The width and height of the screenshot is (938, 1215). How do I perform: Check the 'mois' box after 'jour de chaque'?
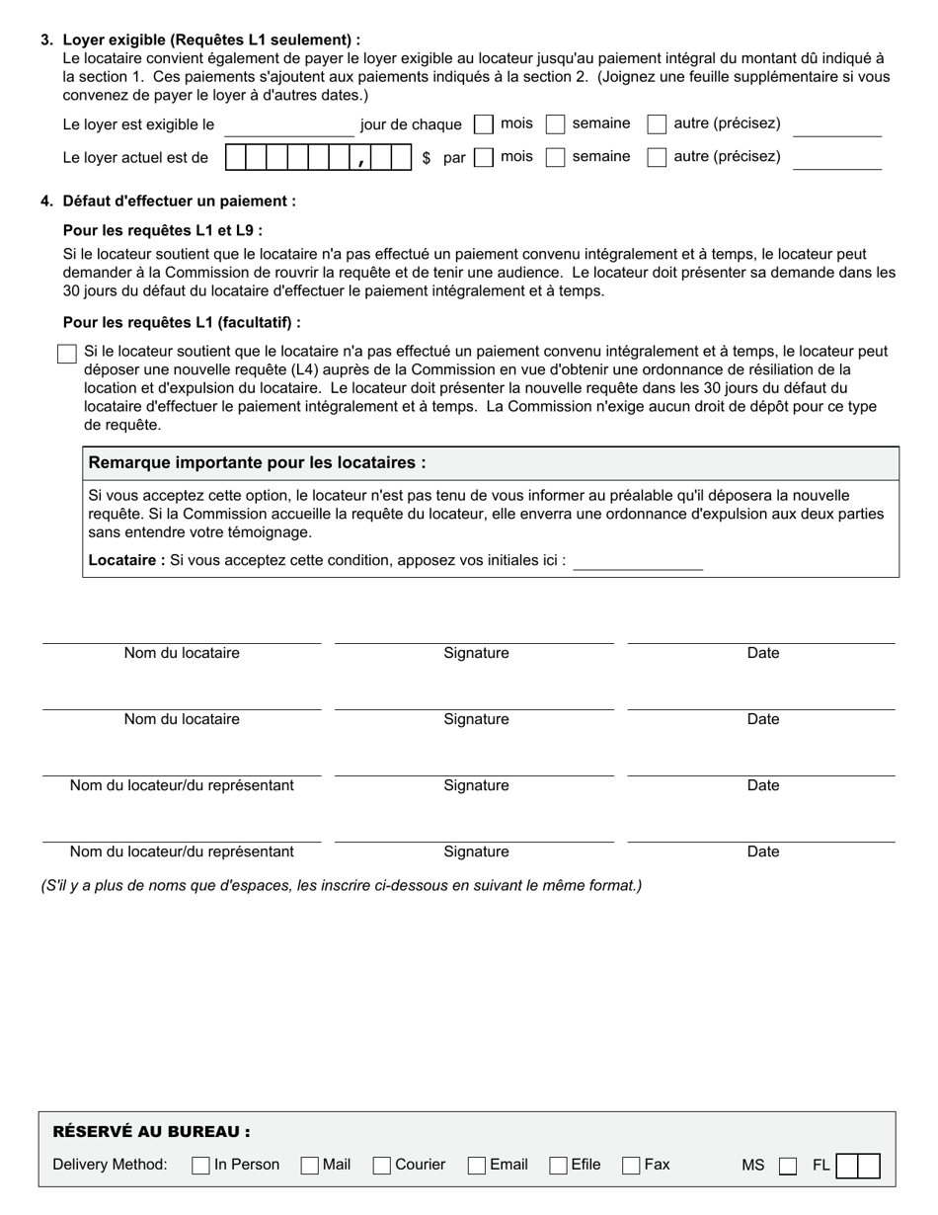coord(484,124)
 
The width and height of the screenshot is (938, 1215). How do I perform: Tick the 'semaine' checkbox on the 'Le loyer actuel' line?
coord(556,157)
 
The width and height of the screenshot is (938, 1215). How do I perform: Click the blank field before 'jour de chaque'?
coord(288,126)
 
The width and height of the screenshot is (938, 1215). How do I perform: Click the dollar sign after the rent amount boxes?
coord(426,157)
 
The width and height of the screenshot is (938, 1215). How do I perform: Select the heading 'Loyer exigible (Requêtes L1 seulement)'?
coord(210,40)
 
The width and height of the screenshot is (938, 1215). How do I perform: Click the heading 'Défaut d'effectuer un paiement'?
coord(179,202)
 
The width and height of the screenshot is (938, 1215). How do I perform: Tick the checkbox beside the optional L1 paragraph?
coord(67,354)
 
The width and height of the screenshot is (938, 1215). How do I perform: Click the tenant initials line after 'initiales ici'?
coord(638,562)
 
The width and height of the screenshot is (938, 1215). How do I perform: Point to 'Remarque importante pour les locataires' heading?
coord(258,463)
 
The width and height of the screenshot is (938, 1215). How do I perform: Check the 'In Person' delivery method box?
coord(200,1166)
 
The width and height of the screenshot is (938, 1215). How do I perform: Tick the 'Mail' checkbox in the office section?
coord(309,1166)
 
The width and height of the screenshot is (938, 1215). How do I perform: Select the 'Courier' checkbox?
coord(382,1166)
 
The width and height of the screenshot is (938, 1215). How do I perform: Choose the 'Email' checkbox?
coord(477,1166)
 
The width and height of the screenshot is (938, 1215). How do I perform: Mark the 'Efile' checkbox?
coord(558,1166)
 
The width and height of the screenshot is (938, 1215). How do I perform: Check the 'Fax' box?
coord(631,1166)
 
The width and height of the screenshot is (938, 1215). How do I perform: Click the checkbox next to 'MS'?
coord(787,1167)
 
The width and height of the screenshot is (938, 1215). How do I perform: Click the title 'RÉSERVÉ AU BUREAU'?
coord(150,1132)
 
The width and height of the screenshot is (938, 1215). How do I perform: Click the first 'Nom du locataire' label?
coord(182,653)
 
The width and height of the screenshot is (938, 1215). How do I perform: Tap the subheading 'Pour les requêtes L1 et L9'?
coord(162,231)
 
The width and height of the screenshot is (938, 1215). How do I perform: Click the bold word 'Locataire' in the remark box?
coord(126,561)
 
